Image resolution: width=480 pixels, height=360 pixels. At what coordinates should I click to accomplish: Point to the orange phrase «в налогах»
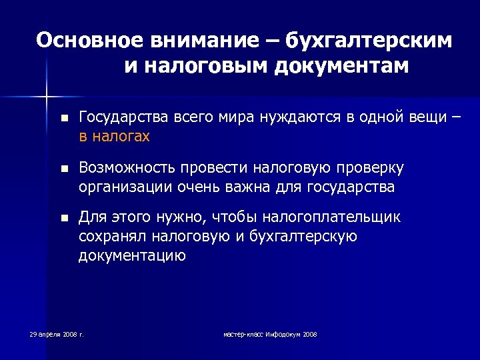click(114, 136)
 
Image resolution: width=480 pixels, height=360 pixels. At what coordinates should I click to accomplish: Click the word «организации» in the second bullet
click(125, 187)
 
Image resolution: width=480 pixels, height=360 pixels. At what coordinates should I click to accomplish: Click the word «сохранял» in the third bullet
click(112, 236)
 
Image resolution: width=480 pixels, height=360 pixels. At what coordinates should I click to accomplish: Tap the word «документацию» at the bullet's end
click(132, 255)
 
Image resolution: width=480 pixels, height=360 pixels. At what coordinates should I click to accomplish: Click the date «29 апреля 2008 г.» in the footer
click(57, 333)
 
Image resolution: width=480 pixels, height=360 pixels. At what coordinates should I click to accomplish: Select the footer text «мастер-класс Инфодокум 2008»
click(270, 333)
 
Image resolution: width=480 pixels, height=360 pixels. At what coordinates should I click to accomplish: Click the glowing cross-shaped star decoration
click(47, 97)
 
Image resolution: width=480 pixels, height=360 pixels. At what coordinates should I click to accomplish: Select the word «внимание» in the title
click(200, 41)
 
